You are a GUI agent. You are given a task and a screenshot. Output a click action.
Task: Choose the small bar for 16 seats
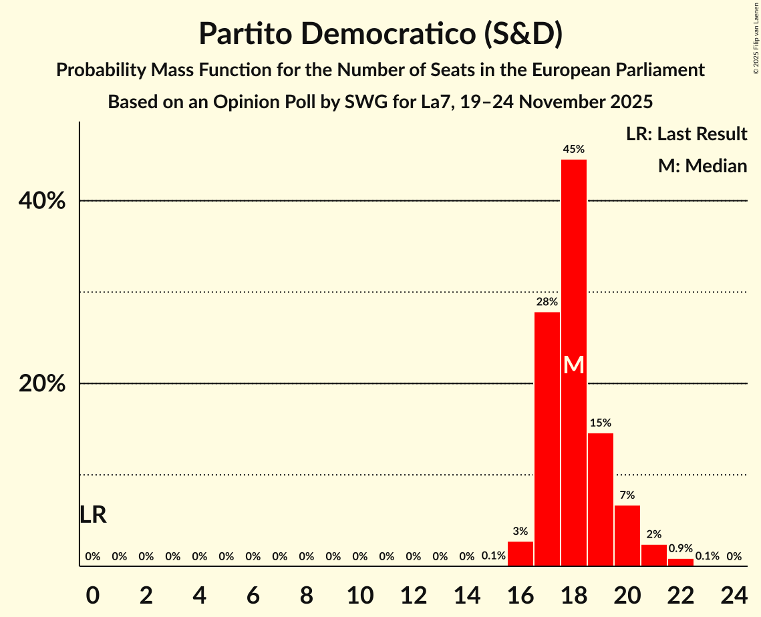[x=520, y=554]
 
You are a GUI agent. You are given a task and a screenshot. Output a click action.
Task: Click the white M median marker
[x=574, y=365]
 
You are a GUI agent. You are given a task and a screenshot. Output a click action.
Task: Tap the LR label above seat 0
[x=93, y=515]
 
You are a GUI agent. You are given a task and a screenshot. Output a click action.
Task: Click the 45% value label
[x=574, y=150]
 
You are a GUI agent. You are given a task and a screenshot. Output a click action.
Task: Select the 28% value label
[x=547, y=302]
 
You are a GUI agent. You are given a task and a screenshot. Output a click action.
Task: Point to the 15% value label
[x=601, y=423]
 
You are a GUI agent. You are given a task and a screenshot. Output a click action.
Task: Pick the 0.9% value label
[x=681, y=548]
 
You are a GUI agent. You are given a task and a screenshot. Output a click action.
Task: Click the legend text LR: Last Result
[x=686, y=134]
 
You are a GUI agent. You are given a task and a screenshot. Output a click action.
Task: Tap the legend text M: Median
[x=702, y=166]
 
